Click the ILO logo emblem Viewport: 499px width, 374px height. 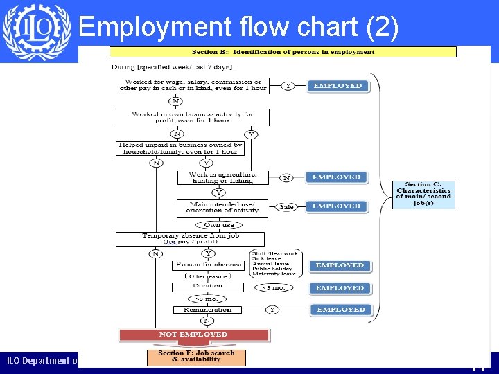point(36,32)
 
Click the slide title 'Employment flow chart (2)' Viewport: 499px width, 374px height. point(238,27)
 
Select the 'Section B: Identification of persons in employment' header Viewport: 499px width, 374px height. point(283,52)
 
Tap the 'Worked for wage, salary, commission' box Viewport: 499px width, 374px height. point(193,85)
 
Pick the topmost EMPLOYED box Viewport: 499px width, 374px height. point(338,86)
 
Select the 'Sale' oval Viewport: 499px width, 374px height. point(286,206)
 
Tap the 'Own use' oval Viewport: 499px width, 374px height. point(219,225)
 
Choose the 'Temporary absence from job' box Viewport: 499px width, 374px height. point(190,239)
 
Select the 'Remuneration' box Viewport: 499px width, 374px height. point(208,310)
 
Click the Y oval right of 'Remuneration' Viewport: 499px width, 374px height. point(272,310)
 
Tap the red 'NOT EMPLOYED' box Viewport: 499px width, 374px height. point(193,335)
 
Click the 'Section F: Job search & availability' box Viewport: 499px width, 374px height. point(197,356)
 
